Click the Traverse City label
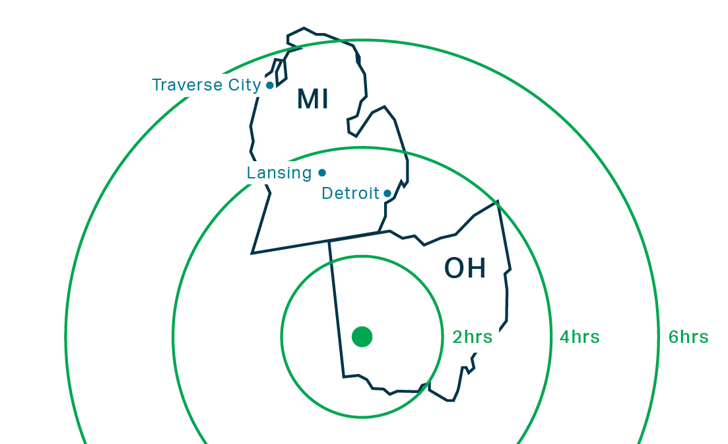[206, 85]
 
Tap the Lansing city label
[279, 173]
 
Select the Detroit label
[350, 194]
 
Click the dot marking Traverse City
[270, 85]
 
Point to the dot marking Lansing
[322, 173]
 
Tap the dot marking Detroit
[387, 194]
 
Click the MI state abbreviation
[313, 99]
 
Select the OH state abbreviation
[465, 268]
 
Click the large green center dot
[362, 337]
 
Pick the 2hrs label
[472, 337]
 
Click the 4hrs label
[579, 337]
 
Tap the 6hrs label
[688, 337]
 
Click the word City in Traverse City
[244, 85]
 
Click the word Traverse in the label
[188, 85]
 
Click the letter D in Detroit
[327, 194]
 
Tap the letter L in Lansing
[251, 173]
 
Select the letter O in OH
[455, 268]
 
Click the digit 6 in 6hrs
[674, 337]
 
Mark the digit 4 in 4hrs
[564, 337]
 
